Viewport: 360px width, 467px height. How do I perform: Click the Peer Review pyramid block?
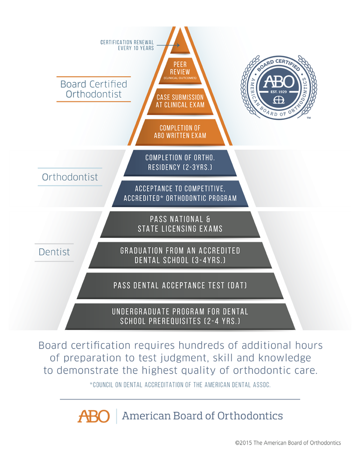point(180,70)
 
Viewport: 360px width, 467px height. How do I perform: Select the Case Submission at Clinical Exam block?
point(180,101)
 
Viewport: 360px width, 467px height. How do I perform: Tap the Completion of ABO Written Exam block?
point(180,132)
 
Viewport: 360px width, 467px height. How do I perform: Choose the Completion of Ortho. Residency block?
point(180,162)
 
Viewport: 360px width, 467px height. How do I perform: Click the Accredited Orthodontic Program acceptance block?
point(180,193)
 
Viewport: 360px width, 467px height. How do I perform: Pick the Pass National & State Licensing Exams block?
point(180,224)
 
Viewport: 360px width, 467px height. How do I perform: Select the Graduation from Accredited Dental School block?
point(180,255)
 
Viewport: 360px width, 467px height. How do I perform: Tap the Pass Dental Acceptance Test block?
point(180,286)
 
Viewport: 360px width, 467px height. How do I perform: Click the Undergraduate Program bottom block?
point(180,316)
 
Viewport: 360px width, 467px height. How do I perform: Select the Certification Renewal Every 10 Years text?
point(128,45)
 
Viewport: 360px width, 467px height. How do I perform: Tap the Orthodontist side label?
point(70,177)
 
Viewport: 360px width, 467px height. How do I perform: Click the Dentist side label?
point(54,252)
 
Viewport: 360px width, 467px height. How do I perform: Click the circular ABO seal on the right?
point(279,90)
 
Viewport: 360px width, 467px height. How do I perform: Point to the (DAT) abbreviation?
point(237,286)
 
